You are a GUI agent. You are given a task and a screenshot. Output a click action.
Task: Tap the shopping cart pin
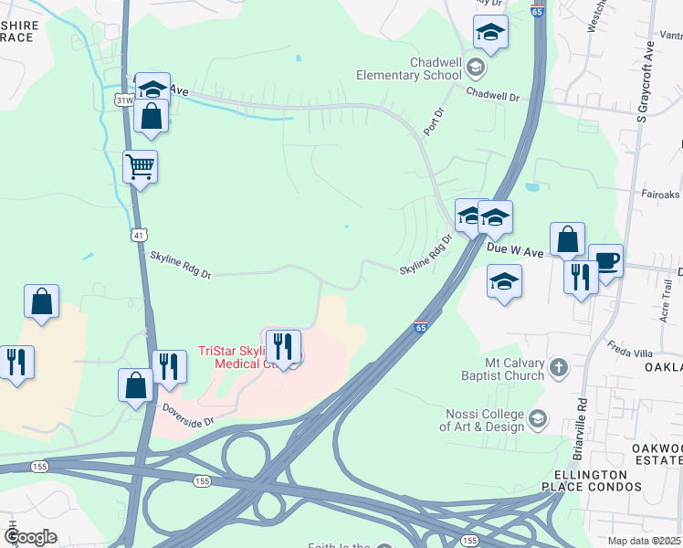pyautogui.click(x=140, y=168)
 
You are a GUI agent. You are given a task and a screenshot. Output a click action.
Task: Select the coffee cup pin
pyautogui.click(x=605, y=261)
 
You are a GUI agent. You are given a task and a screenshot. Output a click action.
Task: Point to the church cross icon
pyautogui.click(x=558, y=368)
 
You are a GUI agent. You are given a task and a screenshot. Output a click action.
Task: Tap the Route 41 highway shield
pyautogui.click(x=137, y=235)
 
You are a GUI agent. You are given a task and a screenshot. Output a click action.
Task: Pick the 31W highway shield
pyautogui.click(x=121, y=99)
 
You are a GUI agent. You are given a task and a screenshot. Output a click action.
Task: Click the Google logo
pyautogui.click(x=30, y=537)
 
